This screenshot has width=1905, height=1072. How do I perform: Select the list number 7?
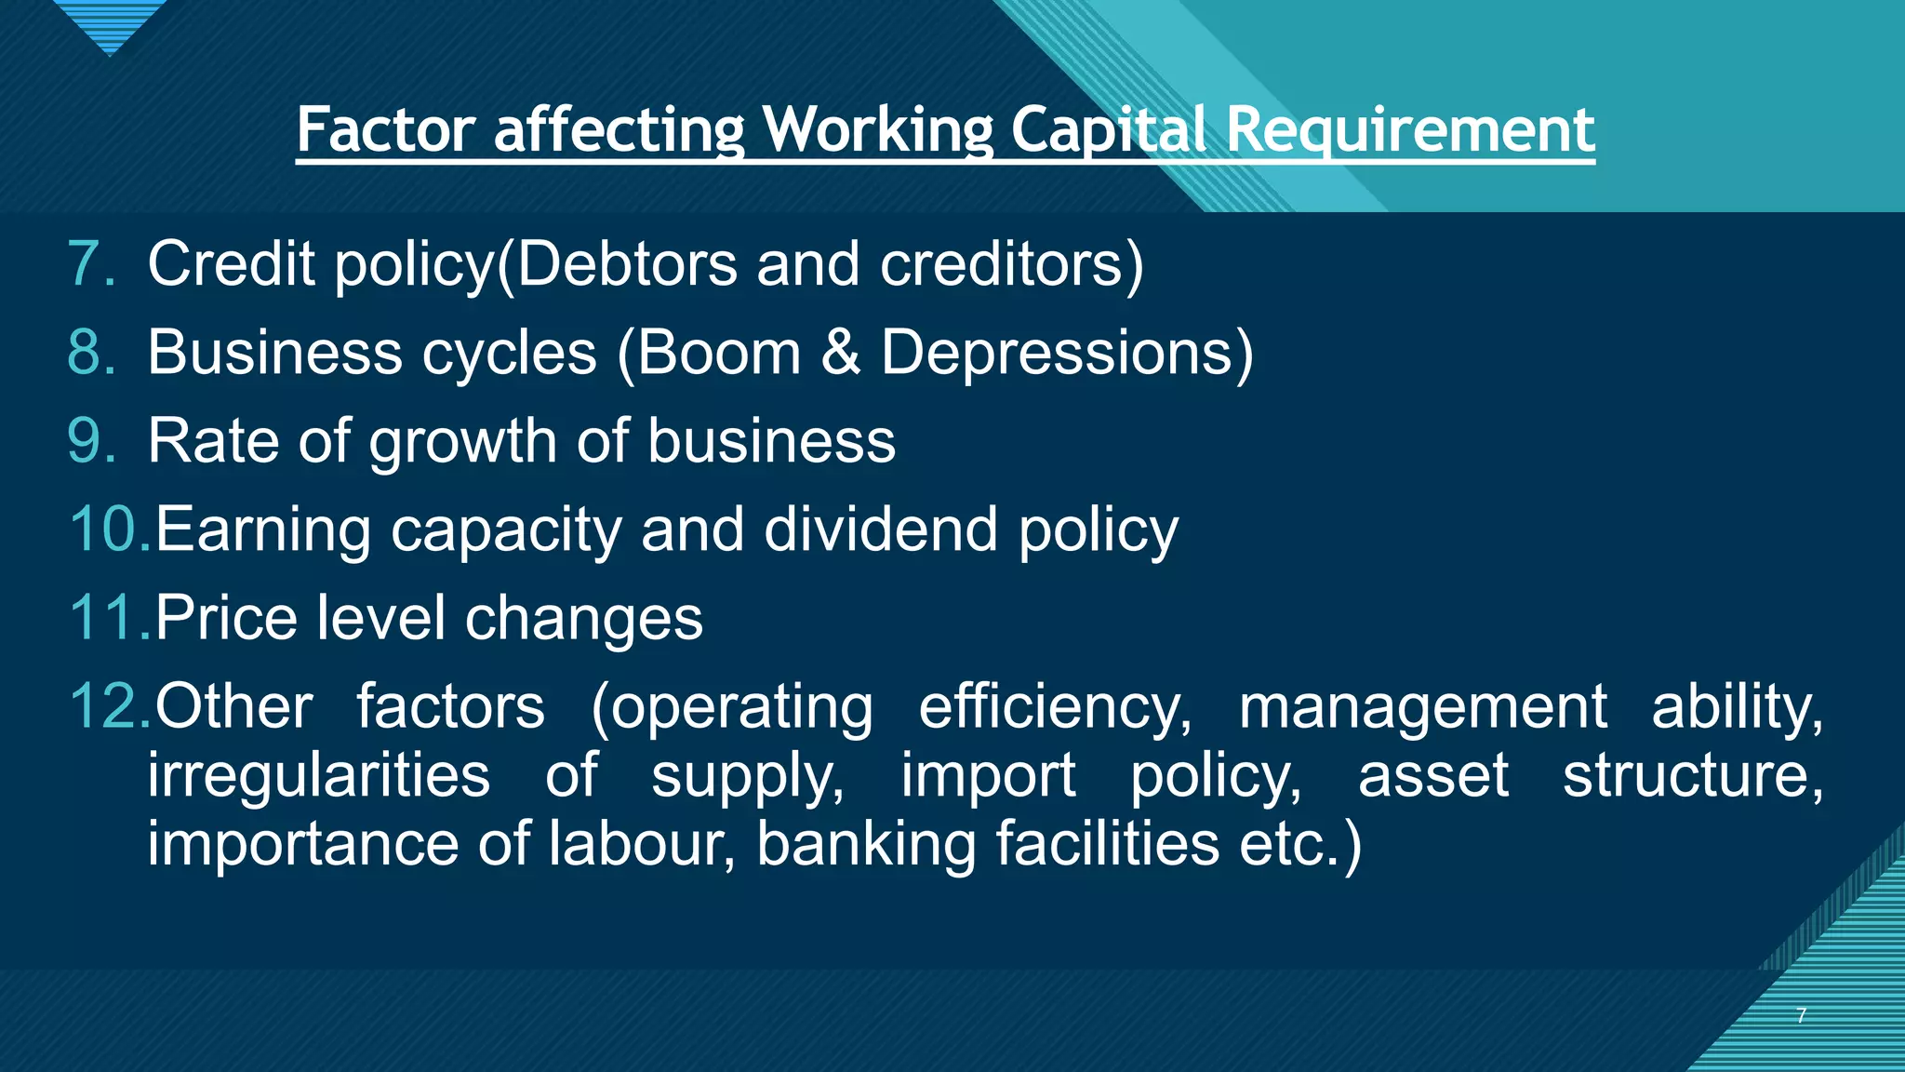click(91, 263)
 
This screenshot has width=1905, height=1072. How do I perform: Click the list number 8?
click(91, 353)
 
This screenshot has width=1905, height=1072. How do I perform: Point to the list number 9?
click(91, 440)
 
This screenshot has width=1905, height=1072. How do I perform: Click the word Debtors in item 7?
click(626, 263)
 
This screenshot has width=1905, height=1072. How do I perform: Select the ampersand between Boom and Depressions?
click(841, 353)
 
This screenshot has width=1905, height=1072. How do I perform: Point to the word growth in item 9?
click(462, 442)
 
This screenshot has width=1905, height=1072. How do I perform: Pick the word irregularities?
click(318, 776)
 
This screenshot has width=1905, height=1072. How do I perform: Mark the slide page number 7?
click(1802, 1015)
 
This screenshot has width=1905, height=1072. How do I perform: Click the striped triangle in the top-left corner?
click(110, 23)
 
